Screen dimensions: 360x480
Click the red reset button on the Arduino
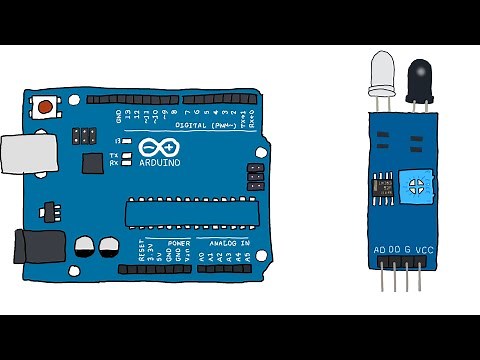[46, 104]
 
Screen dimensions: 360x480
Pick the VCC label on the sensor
[424, 250]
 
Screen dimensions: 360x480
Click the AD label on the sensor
[379, 250]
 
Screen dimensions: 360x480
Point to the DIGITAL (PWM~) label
[205, 126]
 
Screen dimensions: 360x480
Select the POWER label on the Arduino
[179, 242]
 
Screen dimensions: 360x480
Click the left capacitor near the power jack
[85, 246]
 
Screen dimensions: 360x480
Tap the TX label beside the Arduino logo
[113, 156]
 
